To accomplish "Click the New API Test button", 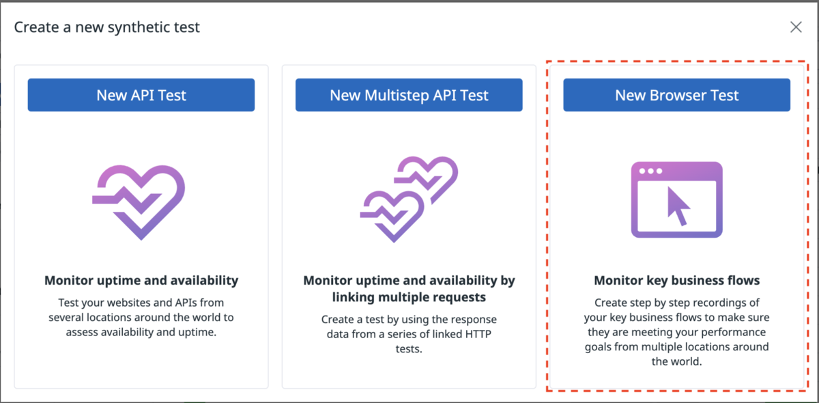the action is click(141, 95).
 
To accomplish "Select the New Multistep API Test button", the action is click(409, 95).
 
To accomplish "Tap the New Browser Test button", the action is click(676, 95).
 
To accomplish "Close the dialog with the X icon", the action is click(796, 27).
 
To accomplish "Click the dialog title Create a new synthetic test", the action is click(106, 27).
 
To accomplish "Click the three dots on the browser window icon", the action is click(650, 171).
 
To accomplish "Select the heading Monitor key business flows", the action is click(677, 280).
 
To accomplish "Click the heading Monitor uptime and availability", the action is click(141, 280).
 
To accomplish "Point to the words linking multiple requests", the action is click(409, 297).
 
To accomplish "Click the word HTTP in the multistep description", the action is click(478, 334).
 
